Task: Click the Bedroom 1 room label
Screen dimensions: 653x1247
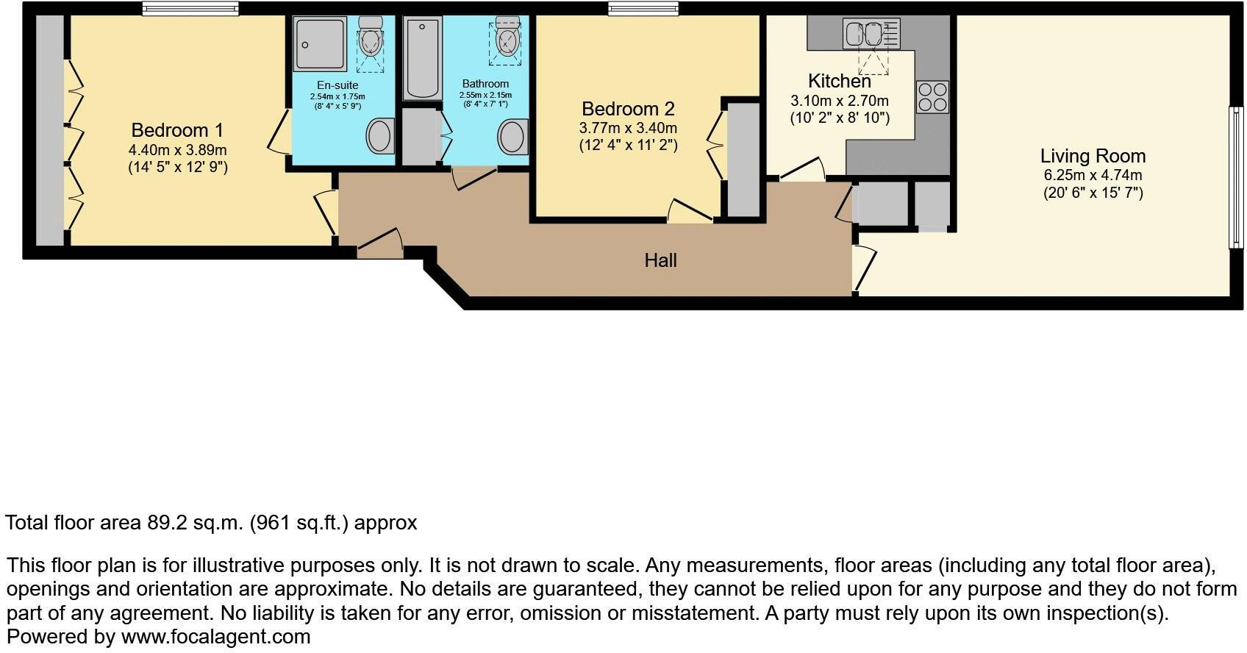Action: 176,130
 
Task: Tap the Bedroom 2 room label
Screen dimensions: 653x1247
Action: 628,109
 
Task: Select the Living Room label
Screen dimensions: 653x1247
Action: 1093,156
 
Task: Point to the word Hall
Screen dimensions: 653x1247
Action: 660,260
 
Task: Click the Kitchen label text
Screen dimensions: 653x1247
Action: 839,81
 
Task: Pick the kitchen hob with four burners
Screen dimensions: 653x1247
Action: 932,97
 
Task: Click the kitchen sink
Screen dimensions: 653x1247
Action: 864,34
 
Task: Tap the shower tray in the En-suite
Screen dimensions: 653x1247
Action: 320,44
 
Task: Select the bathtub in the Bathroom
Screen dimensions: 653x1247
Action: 422,59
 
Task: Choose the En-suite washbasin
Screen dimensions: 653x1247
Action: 380,135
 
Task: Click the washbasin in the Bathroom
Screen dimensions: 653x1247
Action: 512,137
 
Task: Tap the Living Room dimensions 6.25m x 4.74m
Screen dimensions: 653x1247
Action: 1093,176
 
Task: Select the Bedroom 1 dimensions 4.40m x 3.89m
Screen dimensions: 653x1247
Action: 177,150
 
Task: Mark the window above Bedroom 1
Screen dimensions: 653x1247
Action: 190,9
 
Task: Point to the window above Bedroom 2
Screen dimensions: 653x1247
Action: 643,9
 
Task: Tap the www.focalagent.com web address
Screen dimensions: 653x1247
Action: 215,636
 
